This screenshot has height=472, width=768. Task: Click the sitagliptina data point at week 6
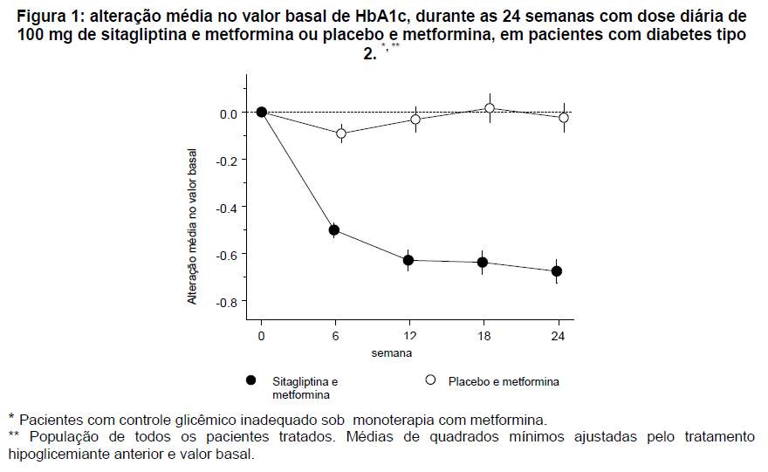pos(333,230)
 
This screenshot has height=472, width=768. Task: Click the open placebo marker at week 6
pos(341,133)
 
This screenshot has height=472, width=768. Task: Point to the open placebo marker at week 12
pos(415,120)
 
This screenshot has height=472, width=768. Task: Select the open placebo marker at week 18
pos(490,108)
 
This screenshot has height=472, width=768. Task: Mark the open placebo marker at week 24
pos(564,118)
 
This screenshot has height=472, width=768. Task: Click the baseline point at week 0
pos(261,112)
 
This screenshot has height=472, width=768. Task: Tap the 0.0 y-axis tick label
pos(228,113)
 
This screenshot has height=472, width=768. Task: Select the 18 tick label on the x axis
pos(485,336)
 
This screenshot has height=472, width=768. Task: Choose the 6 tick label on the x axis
pos(336,336)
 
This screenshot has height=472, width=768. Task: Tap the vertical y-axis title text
pos(192,226)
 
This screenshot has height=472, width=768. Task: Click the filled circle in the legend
pos(251,380)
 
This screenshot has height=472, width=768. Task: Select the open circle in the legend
pos(429,380)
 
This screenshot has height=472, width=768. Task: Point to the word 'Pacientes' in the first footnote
pos(51,419)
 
